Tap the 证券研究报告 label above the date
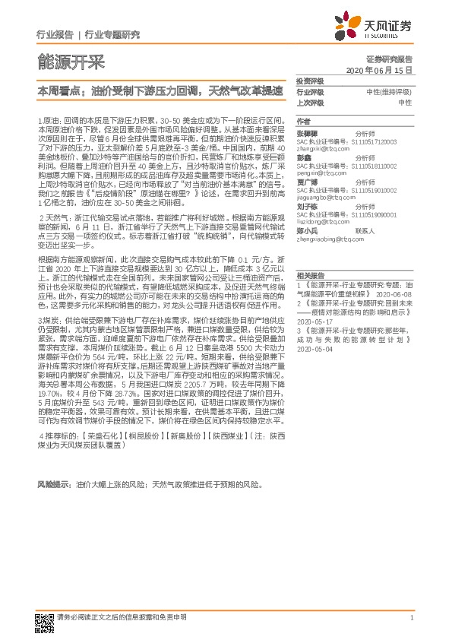pos(389,59)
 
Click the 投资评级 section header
pos(310,81)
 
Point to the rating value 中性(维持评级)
pos(389,92)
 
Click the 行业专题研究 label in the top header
pos(112,35)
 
